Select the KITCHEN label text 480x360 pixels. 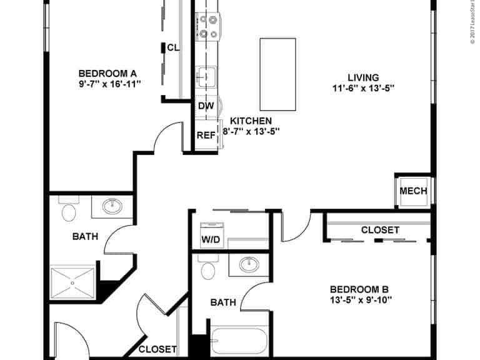coord(251,121)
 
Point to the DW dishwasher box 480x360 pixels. coord(206,106)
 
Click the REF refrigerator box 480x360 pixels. coord(206,135)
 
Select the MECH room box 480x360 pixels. coord(413,191)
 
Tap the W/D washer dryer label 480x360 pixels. coord(210,239)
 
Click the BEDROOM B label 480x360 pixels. coord(359,289)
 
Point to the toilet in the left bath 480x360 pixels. coord(68,211)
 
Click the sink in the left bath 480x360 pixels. coord(112,206)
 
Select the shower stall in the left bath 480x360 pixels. coord(73,283)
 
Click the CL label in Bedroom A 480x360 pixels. coord(173,47)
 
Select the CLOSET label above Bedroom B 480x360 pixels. coord(380,230)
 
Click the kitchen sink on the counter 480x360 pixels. coord(206,77)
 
